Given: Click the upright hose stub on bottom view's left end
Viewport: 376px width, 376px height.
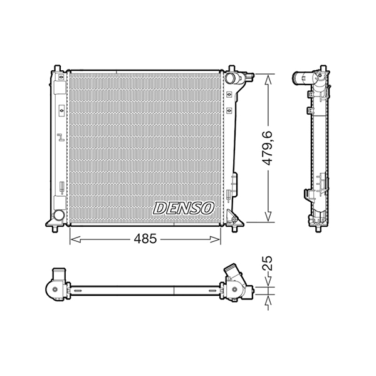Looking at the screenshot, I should click(x=60, y=275).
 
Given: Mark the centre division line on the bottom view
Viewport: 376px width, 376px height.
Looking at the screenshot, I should click(x=174, y=290).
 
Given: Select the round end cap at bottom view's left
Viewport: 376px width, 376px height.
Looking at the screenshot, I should click(x=55, y=290).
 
